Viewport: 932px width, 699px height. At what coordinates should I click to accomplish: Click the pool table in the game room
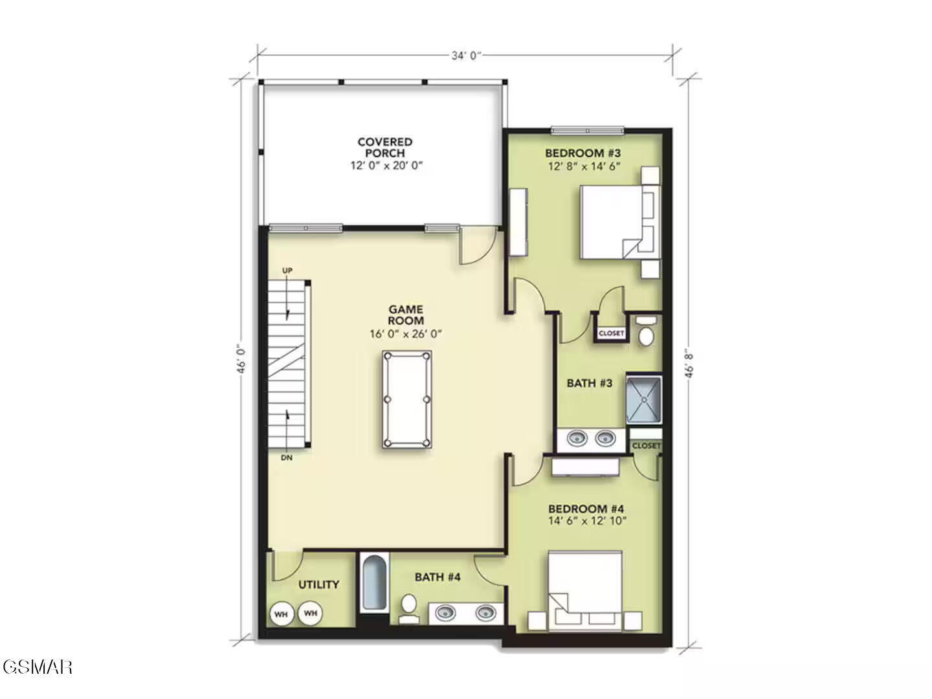(x=406, y=399)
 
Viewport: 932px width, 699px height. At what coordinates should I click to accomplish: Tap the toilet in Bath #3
(x=646, y=331)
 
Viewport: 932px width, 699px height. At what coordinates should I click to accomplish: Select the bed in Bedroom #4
(x=585, y=591)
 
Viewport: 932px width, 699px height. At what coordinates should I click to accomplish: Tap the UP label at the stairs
(x=287, y=271)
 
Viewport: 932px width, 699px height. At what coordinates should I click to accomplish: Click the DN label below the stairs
(x=287, y=458)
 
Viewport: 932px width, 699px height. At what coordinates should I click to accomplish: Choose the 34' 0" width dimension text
(x=465, y=56)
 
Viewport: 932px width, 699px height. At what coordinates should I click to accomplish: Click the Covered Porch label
(x=384, y=148)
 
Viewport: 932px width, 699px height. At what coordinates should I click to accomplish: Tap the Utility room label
(x=318, y=584)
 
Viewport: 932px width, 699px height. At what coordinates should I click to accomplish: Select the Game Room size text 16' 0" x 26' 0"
(x=406, y=334)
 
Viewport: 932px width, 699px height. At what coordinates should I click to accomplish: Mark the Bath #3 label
(x=590, y=383)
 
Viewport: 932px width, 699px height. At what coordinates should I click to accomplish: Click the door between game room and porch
(x=478, y=246)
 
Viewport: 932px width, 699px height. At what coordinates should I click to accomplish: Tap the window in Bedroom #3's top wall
(x=587, y=130)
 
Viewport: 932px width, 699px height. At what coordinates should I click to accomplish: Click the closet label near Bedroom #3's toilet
(x=611, y=333)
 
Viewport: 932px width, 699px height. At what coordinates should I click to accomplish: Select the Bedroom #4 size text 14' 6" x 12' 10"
(x=587, y=521)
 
